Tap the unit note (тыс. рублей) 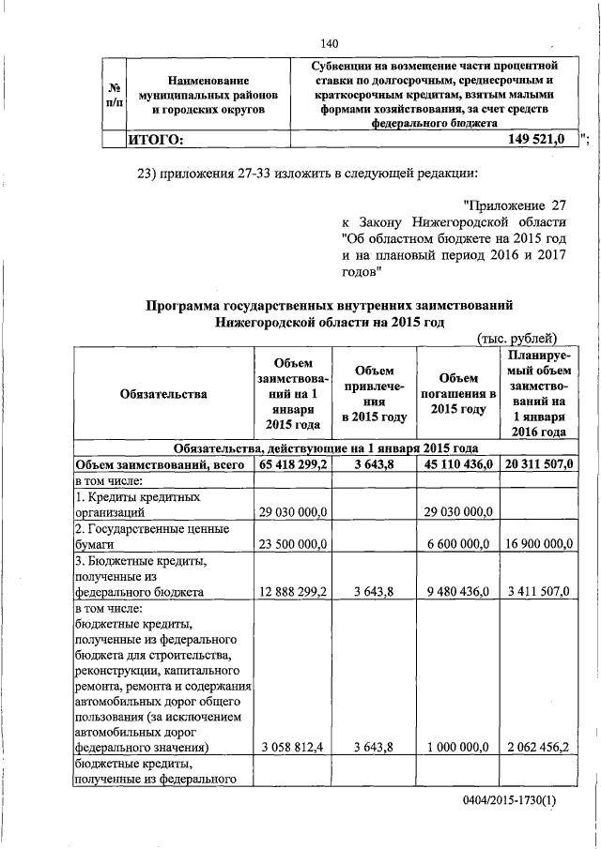(517, 339)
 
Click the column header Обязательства (164, 394)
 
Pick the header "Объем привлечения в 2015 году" (375, 394)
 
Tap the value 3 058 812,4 (291, 748)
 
